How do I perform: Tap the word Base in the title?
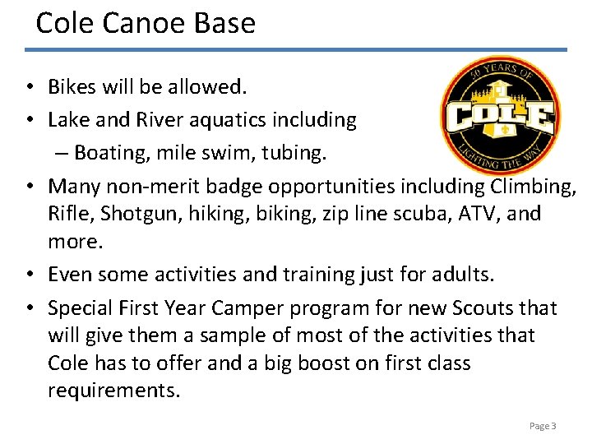pos(224,22)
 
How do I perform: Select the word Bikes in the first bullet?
pos(72,86)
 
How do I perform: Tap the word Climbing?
pos(534,187)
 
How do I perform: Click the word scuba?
pos(433,214)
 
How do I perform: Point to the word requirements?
pos(113,390)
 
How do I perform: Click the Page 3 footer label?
pos(543,426)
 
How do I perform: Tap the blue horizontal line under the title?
pos(296,49)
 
